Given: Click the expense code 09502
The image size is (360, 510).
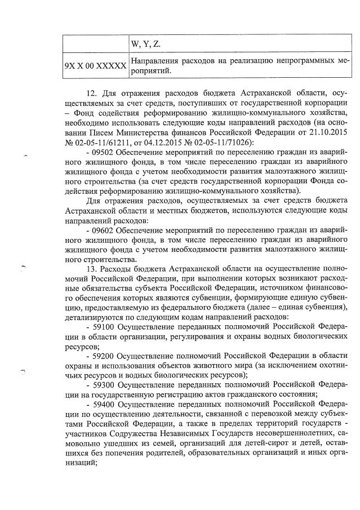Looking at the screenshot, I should point(104,152).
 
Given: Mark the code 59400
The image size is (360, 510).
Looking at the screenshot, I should point(104,404).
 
